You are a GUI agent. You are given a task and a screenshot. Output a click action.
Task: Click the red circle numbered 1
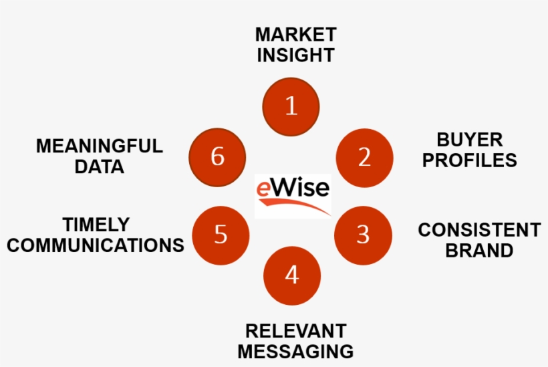point(291,106)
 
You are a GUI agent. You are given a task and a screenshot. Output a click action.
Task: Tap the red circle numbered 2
point(364,158)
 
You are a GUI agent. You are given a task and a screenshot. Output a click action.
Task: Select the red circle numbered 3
point(362,235)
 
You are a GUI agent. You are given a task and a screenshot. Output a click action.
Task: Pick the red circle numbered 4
point(292,275)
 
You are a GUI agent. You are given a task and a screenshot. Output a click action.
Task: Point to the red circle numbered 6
point(217,157)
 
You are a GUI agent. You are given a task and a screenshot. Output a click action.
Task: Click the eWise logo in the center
point(293,195)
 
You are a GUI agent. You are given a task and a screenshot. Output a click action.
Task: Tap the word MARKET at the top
point(295,34)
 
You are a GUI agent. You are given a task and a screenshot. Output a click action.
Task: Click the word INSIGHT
point(295,55)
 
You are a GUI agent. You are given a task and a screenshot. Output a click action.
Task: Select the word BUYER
point(470,140)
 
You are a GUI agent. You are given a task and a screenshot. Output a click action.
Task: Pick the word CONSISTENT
point(479,230)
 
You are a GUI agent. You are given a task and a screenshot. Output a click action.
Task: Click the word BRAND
point(479,251)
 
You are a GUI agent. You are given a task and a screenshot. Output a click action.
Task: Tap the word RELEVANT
point(295,331)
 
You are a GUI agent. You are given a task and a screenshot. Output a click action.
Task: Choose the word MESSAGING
point(295,352)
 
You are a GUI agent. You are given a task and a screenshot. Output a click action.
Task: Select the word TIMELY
point(96,224)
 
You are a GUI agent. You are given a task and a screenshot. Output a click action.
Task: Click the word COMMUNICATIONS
point(96,245)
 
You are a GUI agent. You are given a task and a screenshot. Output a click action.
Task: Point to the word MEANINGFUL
point(99,146)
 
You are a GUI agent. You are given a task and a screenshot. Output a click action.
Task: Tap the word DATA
point(99,167)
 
